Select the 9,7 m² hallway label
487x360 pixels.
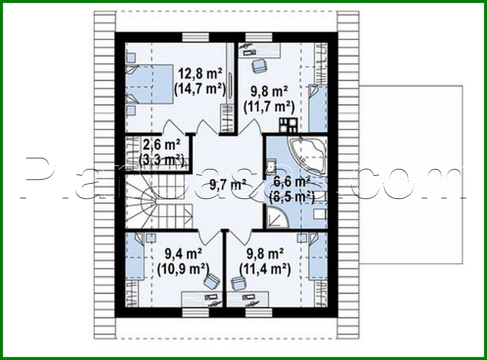coord(228,185)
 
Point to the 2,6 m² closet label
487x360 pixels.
coord(162,145)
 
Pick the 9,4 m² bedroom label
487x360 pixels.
coord(183,253)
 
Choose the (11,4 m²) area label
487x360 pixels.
coord(265,269)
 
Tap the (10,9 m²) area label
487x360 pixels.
coord(183,269)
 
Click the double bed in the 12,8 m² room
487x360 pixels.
coord(149,84)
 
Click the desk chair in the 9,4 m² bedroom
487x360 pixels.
coord(211,280)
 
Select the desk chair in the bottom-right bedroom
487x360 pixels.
coord(238,283)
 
